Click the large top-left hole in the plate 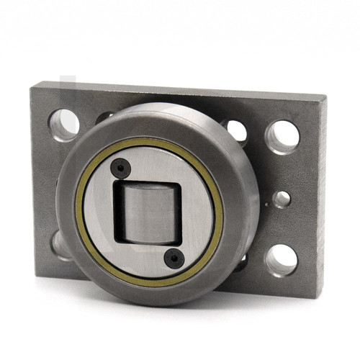[64, 125]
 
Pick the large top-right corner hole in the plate [282, 135]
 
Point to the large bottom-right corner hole [282, 260]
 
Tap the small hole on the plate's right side [282, 199]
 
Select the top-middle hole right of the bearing [237, 130]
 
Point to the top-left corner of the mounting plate [32, 85]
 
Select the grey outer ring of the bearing [72, 216]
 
